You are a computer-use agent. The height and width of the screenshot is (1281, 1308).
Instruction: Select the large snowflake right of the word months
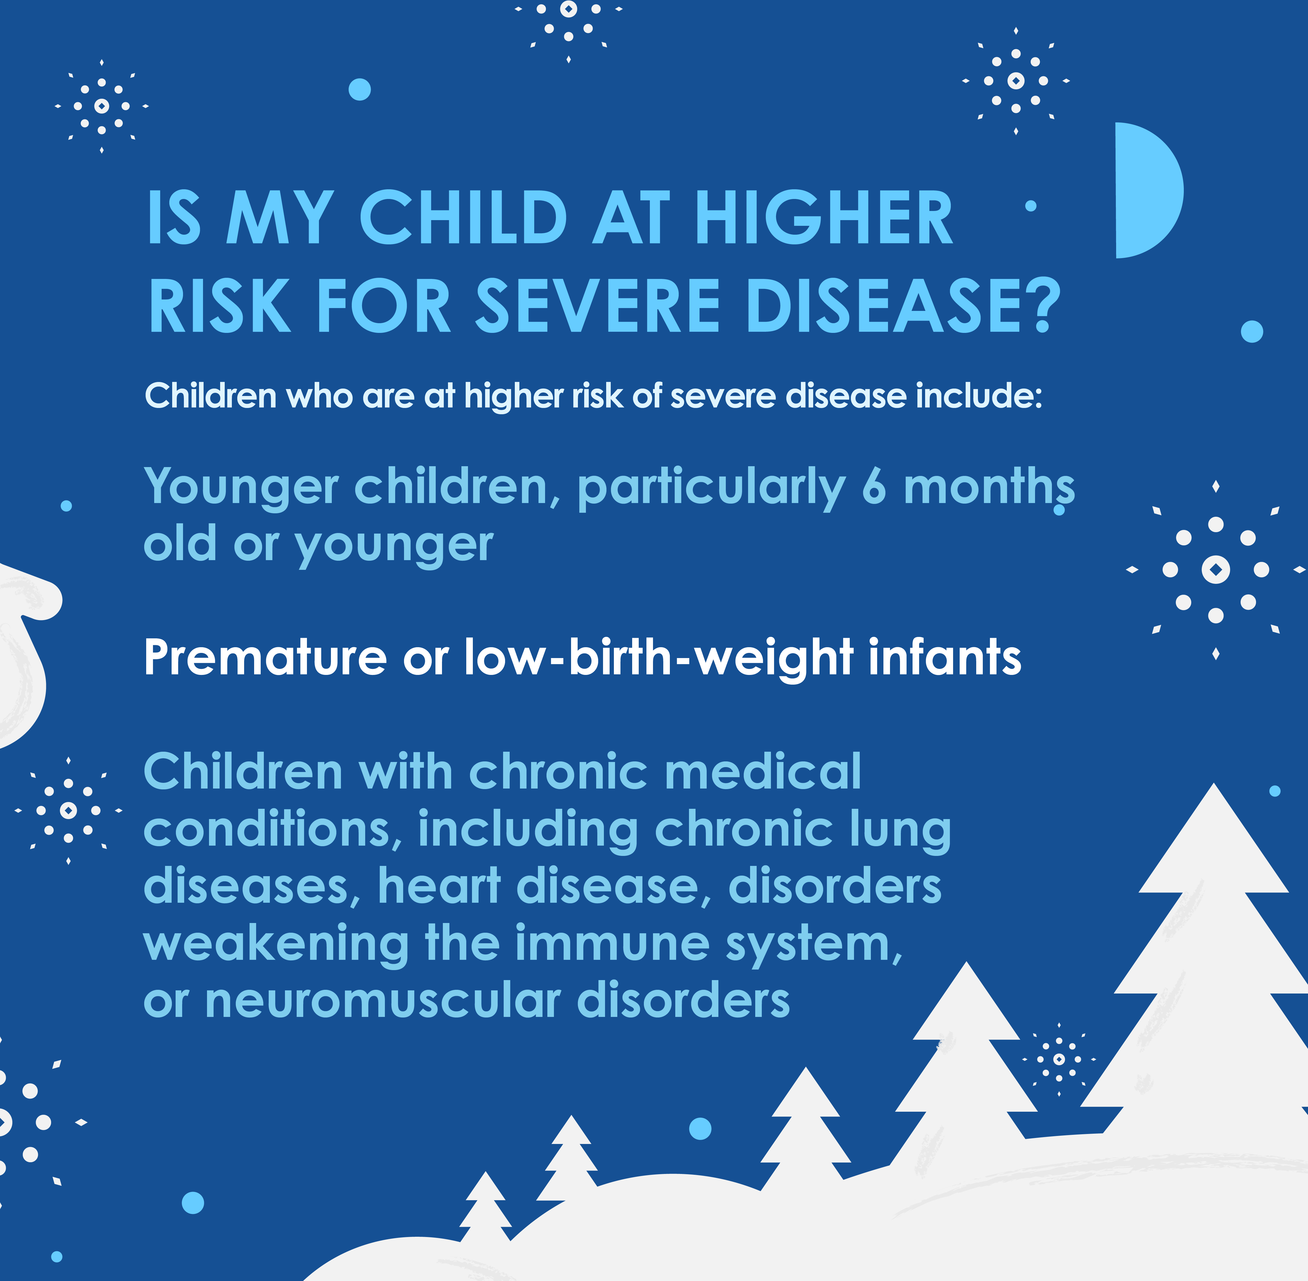coord(1215,570)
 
